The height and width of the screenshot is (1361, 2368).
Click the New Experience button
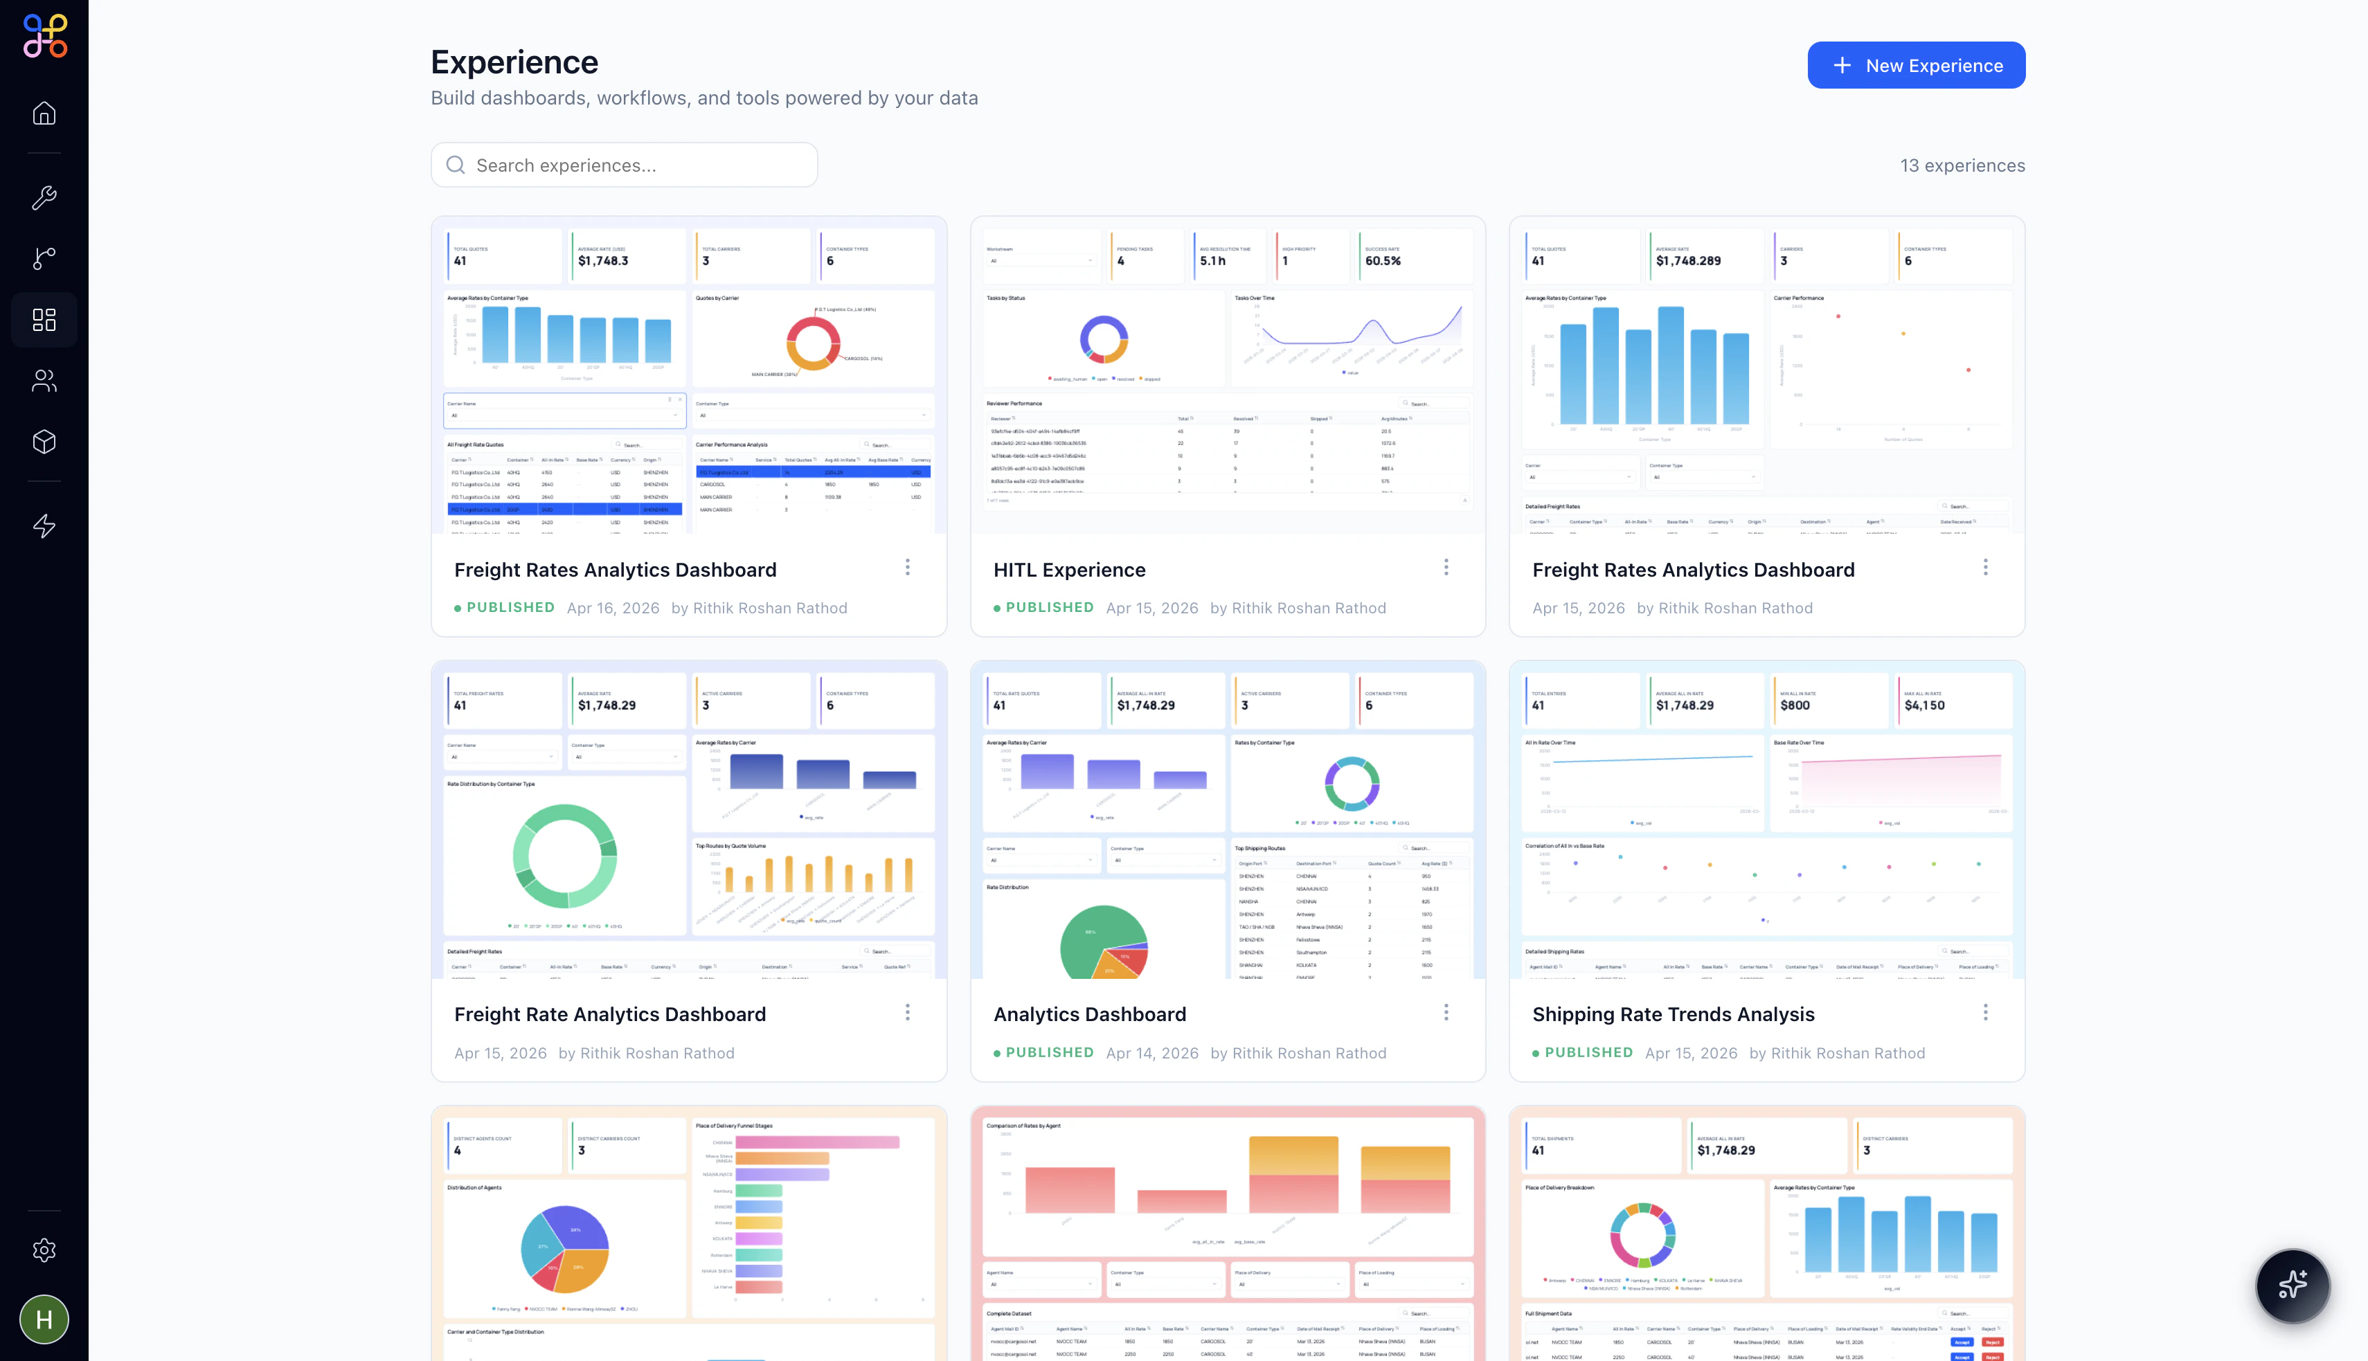point(1916,66)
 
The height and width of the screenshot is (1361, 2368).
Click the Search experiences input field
point(624,165)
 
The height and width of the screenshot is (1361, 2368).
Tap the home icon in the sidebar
point(44,113)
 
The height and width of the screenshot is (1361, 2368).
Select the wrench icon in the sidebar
point(44,197)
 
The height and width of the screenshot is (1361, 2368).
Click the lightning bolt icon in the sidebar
point(44,526)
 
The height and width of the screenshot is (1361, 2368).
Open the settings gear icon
point(44,1250)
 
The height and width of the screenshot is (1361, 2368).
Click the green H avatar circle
point(44,1319)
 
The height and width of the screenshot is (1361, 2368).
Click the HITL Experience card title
point(1068,570)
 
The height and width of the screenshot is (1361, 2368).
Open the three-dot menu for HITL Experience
point(1445,568)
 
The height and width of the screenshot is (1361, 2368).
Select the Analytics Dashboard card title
point(1089,1014)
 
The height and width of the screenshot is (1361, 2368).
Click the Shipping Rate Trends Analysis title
point(1672,1014)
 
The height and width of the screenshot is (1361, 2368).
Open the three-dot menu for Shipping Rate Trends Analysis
point(1984,1012)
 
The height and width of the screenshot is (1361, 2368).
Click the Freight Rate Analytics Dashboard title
point(609,1014)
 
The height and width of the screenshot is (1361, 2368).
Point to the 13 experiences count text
point(1962,165)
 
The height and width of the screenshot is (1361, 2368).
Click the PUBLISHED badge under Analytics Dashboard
point(1048,1052)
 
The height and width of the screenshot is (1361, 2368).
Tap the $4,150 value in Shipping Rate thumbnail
point(1924,705)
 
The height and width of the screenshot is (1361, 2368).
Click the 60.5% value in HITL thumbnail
point(1383,261)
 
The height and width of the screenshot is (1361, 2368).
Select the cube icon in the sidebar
point(44,441)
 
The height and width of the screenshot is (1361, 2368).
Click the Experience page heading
point(514,62)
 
